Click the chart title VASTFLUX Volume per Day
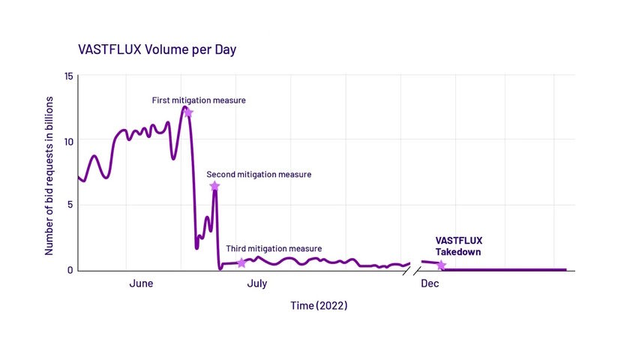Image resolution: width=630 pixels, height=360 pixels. (157, 49)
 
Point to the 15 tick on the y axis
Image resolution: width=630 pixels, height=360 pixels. (68, 76)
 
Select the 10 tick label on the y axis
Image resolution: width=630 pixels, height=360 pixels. (68, 141)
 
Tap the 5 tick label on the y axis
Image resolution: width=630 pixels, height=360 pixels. (70, 205)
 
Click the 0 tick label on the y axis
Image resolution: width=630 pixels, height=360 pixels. (70, 270)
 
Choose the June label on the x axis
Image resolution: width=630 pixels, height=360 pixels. (141, 284)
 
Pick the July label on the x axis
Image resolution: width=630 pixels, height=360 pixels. (257, 284)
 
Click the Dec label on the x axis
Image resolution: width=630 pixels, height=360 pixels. (430, 284)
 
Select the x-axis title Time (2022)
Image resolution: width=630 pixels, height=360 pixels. (319, 306)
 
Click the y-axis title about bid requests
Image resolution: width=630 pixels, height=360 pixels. (49, 175)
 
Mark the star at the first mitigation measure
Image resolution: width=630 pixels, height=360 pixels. (187, 112)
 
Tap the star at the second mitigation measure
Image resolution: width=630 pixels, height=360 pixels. (214, 186)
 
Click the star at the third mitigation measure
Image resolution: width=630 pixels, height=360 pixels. (241, 262)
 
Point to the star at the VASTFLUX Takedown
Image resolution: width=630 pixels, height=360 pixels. (441, 265)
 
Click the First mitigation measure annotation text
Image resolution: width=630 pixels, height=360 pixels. (199, 100)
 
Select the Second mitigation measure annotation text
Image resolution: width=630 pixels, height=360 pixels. (259, 174)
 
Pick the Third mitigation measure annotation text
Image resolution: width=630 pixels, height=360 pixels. (274, 248)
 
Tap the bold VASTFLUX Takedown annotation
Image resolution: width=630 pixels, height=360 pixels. (458, 246)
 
